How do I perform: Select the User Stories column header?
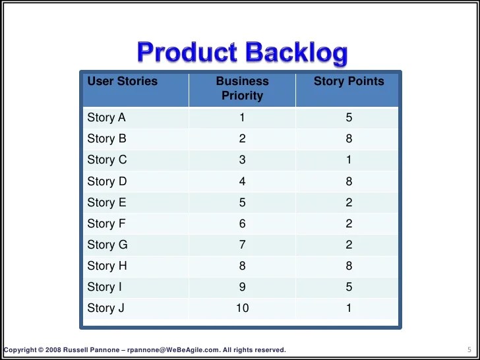[x=123, y=82]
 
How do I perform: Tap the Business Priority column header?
[x=243, y=88]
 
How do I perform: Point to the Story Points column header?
[x=349, y=82]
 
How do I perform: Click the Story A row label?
[x=106, y=118]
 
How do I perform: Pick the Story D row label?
[x=107, y=181]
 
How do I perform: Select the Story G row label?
[x=107, y=245]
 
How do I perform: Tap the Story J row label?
[x=105, y=308]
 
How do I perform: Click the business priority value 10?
[x=243, y=308]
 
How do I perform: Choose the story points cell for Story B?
[x=349, y=139]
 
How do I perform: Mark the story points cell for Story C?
[x=349, y=160]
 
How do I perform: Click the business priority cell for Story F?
[x=243, y=224]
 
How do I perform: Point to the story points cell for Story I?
[x=349, y=287]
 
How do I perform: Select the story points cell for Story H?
[x=349, y=266]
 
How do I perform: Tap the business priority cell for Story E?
[x=243, y=202]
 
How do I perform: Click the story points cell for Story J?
[x=349, y=308]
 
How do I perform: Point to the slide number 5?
[x=460, y=349]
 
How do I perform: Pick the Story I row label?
[x=105, y=287]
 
